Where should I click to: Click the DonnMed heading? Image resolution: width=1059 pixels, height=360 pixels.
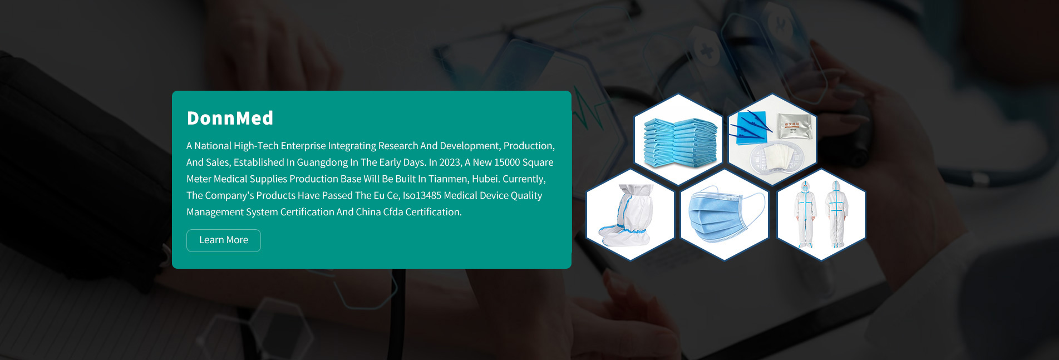[x=230, y=118]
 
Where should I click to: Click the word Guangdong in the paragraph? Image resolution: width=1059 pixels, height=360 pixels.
[x=322, y=162]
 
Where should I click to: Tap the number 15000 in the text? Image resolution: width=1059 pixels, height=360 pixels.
[x=507, y=162]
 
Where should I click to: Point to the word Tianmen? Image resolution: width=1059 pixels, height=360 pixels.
[x=447, y=179]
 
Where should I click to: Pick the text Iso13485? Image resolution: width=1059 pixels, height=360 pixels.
[x=422, y=196]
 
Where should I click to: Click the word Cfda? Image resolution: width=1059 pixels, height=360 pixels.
[x=393, y=212]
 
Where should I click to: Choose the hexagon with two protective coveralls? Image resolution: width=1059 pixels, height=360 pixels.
[x=821, y=215]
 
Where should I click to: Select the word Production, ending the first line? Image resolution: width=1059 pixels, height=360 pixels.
[x=529, y=146]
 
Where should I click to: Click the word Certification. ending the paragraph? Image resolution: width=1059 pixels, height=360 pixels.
[x=434, y=212]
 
